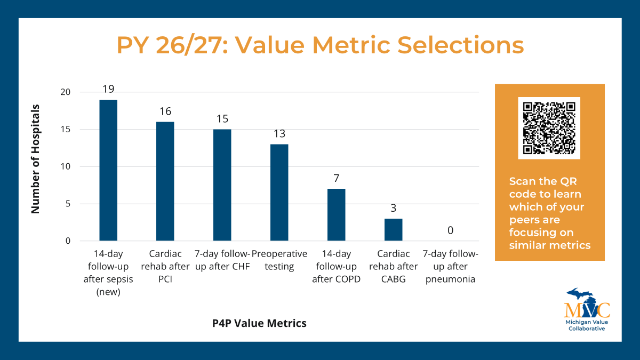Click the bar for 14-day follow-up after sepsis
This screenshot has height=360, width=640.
click(x=108, y=170)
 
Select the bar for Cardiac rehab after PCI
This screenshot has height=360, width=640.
click(x=165, y=181)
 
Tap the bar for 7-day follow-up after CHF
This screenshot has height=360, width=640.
click(x=222, y=185)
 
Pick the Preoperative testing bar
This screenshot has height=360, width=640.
click(x=279, y=193)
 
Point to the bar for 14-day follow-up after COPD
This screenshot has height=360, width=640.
click(x=336, y=214)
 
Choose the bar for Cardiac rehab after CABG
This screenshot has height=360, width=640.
click(x=393, y=229)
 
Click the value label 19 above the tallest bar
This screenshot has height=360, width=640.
click(x=108, y=89)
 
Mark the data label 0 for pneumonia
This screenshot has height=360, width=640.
click(x=450, y=230)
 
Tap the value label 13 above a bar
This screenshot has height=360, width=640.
click(x=279, y=133)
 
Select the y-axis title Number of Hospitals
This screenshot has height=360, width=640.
click(x=36, y=159)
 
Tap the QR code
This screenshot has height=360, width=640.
click(x=549, y=128)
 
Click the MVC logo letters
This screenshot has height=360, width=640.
click(x=587, y=310)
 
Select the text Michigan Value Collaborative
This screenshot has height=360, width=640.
click(x=586, y=325)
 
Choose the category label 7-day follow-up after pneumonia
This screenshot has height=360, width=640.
click(x=450, y=266)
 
